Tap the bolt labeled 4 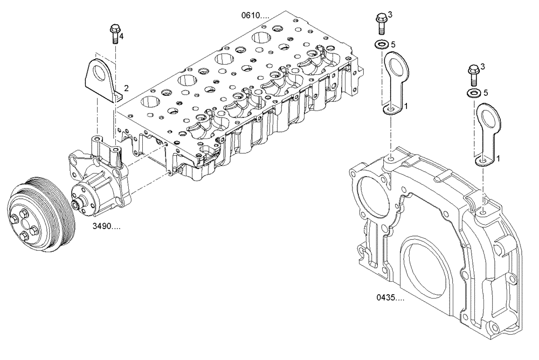114,33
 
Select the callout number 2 126,87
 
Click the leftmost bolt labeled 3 381,22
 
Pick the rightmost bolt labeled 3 474,74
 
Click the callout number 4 121,36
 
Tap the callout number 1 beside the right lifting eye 499,159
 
